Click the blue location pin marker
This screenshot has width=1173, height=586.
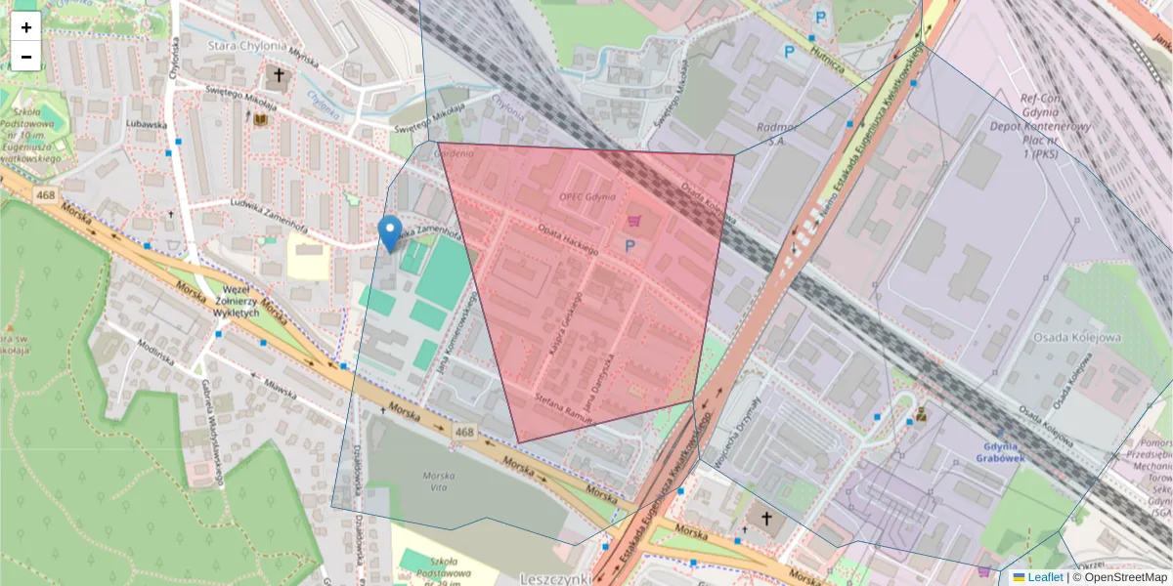tap(390, 232)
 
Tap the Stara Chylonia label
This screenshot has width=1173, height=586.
tap(247, 45)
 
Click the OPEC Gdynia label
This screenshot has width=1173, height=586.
tap(587, 196)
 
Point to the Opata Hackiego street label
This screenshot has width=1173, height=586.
tap(567, 239)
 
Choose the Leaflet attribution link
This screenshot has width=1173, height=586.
tap(1045, 577)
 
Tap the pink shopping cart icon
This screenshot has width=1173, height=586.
tap(635, 222)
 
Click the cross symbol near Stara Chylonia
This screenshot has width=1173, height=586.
tap(279, 75)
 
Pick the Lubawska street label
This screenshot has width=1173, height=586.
tap(147, 125)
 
